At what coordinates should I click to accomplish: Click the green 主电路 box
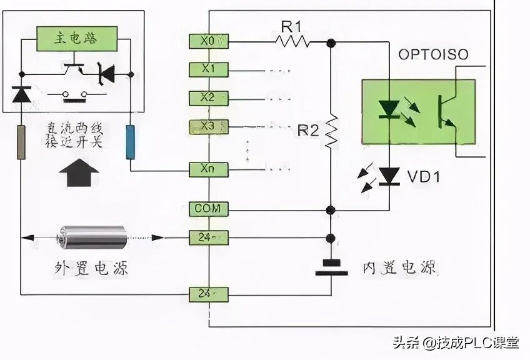(76, 39)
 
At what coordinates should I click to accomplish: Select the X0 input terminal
(208, 41)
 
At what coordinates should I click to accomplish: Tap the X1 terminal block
(208, 69)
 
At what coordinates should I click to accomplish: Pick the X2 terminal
(208, 98)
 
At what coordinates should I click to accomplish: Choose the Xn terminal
(208, 169)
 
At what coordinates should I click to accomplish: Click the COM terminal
(208, 208)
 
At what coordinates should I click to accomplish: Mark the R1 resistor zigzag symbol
(292, 42)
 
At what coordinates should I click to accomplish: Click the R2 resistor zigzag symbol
(332, 132)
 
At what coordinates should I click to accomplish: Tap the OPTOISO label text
(432, 55)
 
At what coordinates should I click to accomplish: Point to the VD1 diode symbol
(391, 177)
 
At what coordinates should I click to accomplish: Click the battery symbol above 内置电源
(331, 267)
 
